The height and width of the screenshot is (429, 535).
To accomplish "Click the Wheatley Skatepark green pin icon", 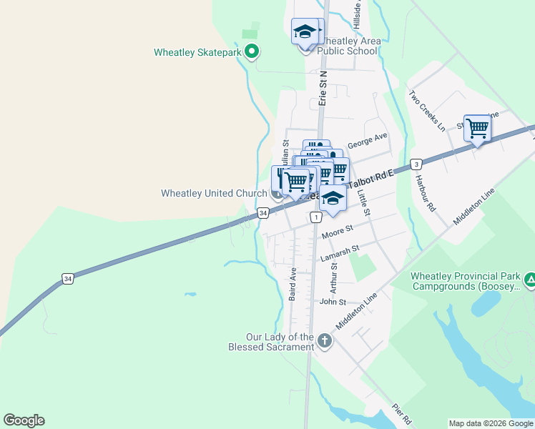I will (x=251, y=51).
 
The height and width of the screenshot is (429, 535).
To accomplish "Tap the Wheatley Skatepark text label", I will (x=197, y=52).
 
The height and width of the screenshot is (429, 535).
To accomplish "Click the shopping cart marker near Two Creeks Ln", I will (x=477, y=129).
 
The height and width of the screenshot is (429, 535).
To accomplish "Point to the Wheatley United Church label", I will (x=213, y=193).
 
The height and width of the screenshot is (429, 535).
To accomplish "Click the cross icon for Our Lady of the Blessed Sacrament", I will (x=325, y=340).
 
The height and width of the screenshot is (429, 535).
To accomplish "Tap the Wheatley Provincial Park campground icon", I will (x=529, y=280).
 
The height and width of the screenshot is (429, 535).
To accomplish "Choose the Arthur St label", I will (x=333, y=276).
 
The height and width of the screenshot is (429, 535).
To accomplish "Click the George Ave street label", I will (x=367, y=140).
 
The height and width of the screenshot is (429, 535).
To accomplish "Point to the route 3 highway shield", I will (x=416, y=164).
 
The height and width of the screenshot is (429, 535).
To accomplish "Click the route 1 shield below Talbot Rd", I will (x=315, y=217).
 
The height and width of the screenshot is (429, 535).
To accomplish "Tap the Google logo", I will (x=24, y=420).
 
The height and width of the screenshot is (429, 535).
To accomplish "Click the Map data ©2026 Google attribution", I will (x=491, y=423).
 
